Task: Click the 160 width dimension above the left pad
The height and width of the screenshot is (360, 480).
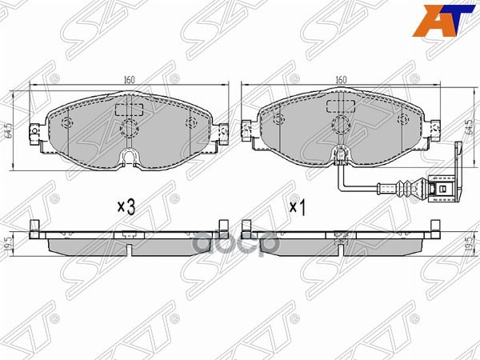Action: (129, 79)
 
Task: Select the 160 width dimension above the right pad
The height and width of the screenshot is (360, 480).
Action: (340, 79)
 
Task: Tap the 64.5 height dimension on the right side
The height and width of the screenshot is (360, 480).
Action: (467, 128)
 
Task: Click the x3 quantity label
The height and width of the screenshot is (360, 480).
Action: (126, 206)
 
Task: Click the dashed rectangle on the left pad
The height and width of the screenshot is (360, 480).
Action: (128, 110)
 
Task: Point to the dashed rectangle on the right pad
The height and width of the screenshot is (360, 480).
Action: (339, 110)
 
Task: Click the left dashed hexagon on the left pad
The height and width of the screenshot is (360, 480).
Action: (66, 122)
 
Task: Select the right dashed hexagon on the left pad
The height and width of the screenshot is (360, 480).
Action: (190, 122)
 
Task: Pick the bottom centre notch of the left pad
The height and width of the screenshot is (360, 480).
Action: (128, 156)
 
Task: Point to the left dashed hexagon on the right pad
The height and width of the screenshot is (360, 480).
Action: (278, 120)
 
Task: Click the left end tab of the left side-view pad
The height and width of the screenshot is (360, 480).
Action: (34, 230)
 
